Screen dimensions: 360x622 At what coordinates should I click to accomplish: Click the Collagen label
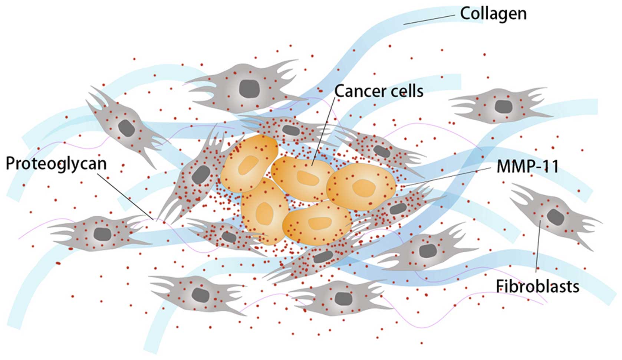(x=493, y=14)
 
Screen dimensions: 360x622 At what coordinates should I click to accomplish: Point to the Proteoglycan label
(x=56, y=164)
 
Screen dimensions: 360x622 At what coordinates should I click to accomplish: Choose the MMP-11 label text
(x=527, y=167)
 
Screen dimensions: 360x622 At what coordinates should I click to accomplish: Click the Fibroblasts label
(x=537, y=286)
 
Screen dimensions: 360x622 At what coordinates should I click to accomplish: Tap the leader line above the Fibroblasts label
(x=538, y=249)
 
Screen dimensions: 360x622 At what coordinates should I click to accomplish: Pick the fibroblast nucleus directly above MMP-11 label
(x=503, y=107)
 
